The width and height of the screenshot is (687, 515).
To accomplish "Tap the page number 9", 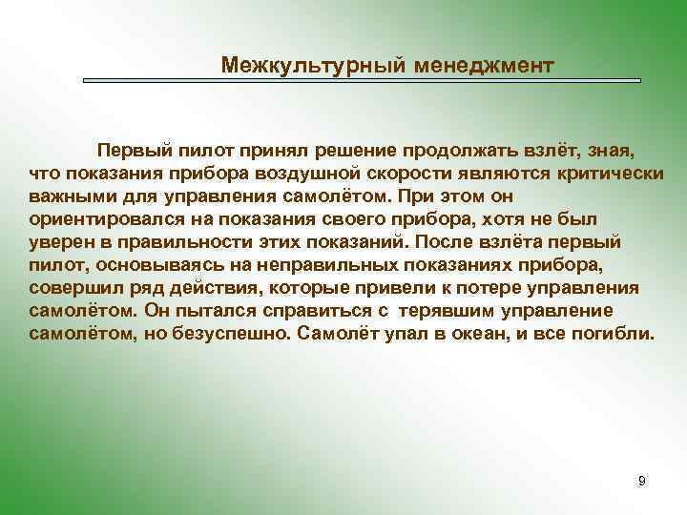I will coord(641,481).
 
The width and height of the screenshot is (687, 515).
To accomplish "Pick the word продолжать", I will coord(458,151).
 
